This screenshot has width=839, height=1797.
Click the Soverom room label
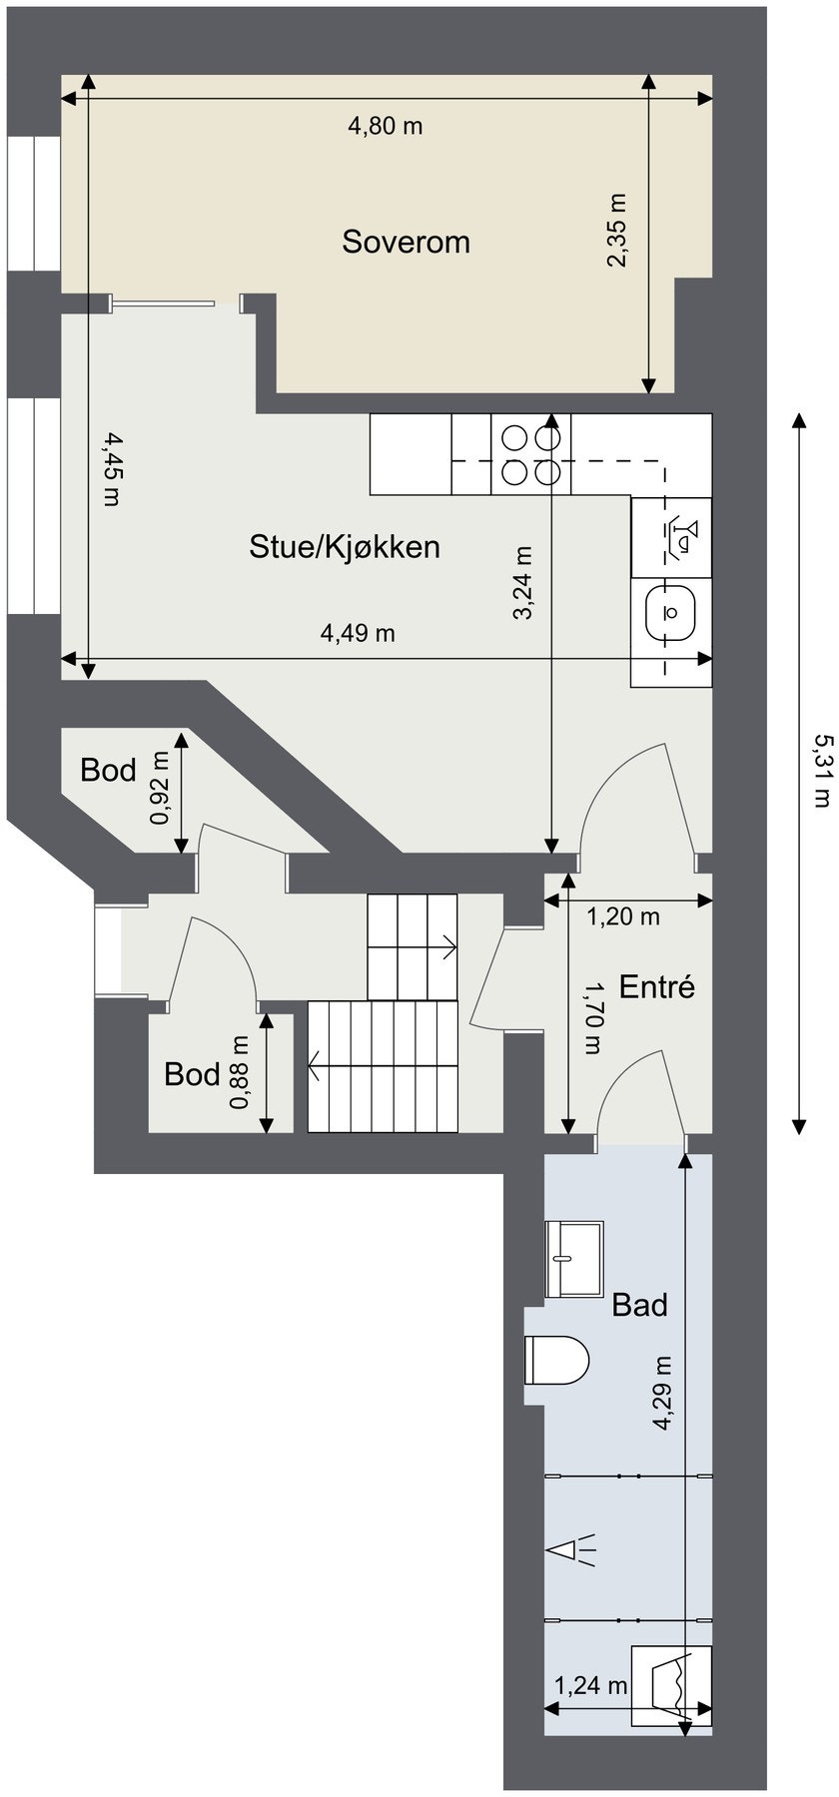coord(406,242)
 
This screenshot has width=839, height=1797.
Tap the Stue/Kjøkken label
coord(345,546)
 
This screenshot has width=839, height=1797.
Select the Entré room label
coord(656,987)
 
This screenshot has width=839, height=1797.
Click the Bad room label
coord(639,1305)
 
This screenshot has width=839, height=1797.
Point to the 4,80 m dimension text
coord(385,126)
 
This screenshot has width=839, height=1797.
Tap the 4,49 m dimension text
coord(358,633)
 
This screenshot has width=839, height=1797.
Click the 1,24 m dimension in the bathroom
coord(591,1686)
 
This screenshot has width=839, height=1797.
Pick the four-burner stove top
coord(530,454)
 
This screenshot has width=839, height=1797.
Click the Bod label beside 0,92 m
coord(108,770)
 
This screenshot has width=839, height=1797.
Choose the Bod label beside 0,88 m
coord(192,1074)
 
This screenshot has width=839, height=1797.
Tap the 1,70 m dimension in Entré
coord(593,1016)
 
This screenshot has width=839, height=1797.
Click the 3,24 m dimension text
coord(522,582)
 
